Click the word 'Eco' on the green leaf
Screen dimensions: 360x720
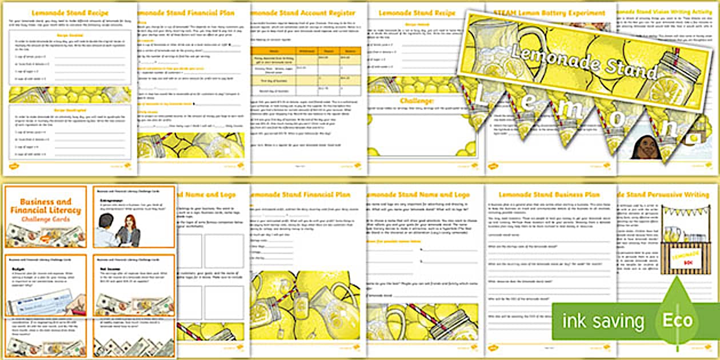[x=678, y=321]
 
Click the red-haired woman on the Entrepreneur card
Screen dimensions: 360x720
[x=133, y=231]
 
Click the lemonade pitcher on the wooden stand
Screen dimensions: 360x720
[x=674, y=234]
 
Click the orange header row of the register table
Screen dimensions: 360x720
[x=302, y=51]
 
